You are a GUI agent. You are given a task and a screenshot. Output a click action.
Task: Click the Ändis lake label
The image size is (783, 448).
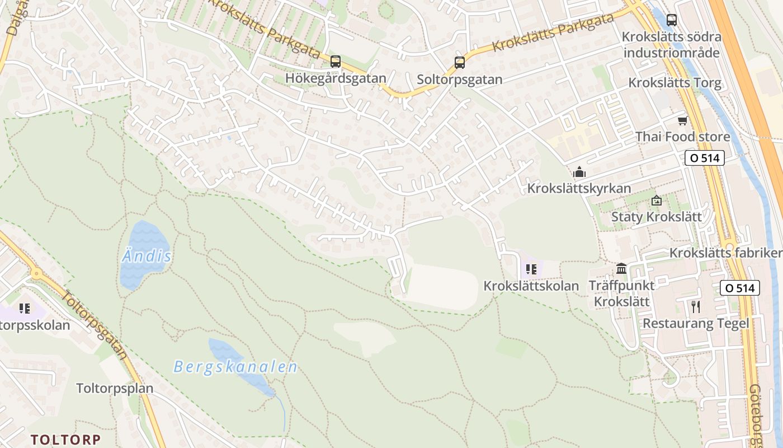(x=146, y=257)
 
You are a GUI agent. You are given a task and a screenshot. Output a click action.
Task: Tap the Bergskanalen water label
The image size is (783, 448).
(x=235, y=367)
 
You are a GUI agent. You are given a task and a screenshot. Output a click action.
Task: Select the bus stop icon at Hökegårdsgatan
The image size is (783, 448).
(x=336, y=62)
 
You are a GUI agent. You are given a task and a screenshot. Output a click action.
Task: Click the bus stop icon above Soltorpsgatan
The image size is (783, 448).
(x=459, y=63)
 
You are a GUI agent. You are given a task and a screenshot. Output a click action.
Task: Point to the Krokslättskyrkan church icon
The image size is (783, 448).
(x=579, y=172)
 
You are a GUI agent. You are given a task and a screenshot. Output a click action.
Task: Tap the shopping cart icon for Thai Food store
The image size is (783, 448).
(x=682, y=120)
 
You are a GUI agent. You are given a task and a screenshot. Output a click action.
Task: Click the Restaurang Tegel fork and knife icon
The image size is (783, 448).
(x=696, y=307)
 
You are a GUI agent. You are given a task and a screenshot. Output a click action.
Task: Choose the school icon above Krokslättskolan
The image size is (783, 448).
(x=531, y=269)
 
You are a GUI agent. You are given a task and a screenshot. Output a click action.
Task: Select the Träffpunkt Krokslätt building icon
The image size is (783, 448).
(x=621, y=269)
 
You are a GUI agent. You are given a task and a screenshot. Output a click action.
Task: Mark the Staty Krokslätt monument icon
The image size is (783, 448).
(x=657, y=200)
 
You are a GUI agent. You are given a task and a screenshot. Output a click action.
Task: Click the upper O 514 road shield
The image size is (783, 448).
(x=705, y=158)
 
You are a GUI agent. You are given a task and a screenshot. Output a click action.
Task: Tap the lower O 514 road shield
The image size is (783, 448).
(x=740, y=288)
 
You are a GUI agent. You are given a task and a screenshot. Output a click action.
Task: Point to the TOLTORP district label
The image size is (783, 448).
(x=65, y=439)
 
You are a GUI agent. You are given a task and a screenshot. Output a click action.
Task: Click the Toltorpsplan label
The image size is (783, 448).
(x=115, y=388)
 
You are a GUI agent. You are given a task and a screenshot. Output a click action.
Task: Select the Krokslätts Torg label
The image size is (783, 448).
(x=674, y=83)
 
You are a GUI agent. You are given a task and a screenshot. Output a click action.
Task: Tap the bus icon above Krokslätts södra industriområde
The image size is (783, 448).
(x=672, y=20)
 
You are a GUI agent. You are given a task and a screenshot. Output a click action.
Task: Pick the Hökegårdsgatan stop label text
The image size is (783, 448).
(x=336, y=78)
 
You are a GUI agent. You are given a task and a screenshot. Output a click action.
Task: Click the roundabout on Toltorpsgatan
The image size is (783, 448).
(x=37, y=274)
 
